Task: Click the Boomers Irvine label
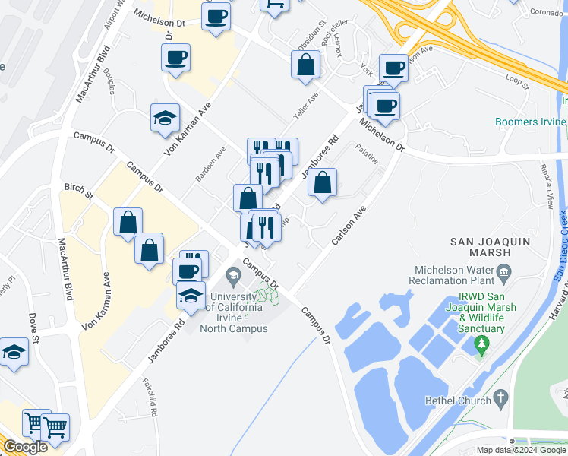(531, 122)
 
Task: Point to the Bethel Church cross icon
(500, 397)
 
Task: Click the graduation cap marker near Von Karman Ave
(165, 118)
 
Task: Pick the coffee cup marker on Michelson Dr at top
(216, 16)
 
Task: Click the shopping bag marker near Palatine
(323, 182)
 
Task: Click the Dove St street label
(34, 328)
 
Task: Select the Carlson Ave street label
(349, 224)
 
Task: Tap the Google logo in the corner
(25, 446)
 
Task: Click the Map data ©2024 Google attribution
(521, 450)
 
